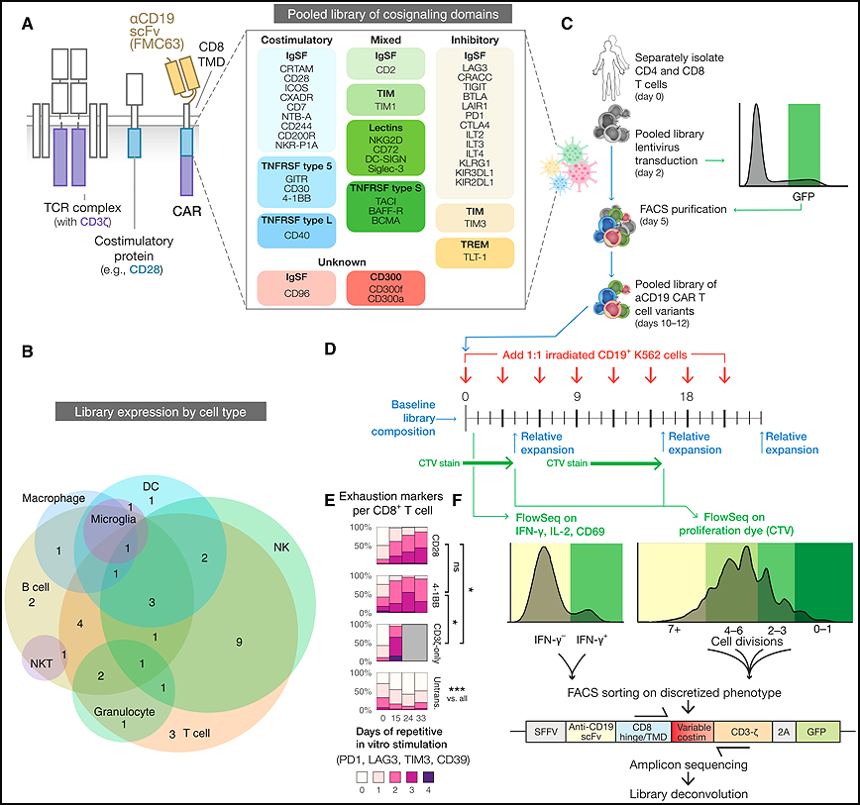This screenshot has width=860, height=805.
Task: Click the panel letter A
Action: point(27,24)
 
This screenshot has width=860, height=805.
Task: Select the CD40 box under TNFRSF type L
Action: point(296,231)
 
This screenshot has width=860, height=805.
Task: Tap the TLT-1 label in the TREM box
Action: point(475,257)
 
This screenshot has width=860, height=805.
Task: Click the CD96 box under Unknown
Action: point(296,288)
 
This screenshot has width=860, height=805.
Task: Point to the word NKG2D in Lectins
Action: point(385,141)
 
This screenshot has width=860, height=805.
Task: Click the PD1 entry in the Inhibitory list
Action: point(475,116)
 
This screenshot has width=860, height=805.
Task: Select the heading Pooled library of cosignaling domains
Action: point(392,14)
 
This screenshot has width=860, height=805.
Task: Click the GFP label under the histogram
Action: point(804,197)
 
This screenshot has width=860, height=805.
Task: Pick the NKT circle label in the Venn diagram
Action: point(42,663)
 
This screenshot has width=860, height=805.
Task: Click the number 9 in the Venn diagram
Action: point(239,642)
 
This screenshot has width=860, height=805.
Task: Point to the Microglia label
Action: point(114,519)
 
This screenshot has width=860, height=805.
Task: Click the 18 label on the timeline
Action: point(687,396)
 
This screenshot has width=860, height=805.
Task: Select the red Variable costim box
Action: point(693,732)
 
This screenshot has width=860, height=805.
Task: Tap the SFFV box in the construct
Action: point(546,732)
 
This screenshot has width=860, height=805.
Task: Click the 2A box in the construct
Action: point(784,732)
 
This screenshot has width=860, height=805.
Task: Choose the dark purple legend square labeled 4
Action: point(428,777)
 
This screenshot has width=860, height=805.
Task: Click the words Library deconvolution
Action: point(689,794)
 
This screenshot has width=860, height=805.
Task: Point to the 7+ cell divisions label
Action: point(674,630)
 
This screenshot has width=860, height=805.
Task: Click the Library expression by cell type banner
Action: point(161,412)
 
